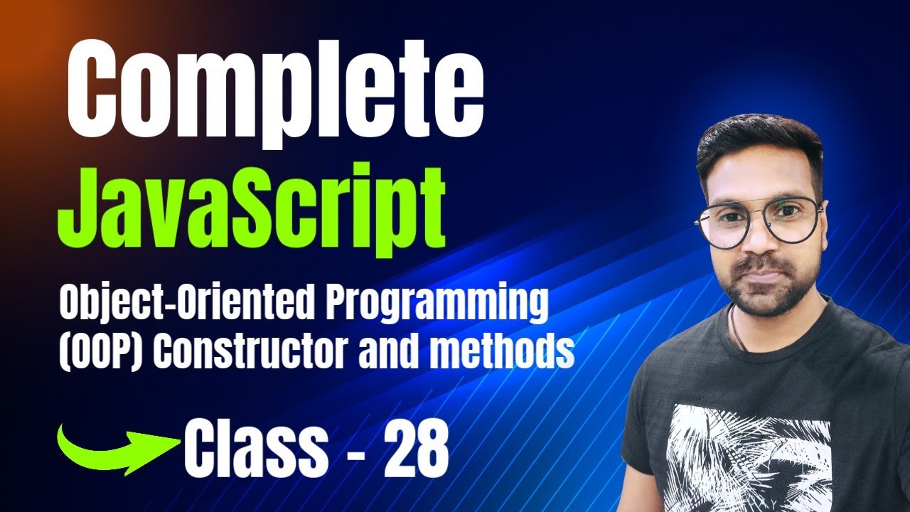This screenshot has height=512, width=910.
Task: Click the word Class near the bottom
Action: tap(256, 450)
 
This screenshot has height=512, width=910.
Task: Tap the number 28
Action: tap(416, 450)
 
